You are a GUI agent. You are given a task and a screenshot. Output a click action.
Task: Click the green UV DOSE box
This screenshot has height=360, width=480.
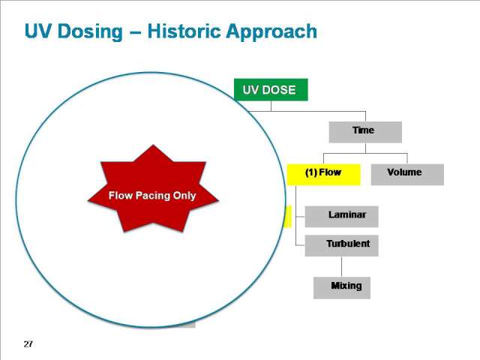(x=271, y=90)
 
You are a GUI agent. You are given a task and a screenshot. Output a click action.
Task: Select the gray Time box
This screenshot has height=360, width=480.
(x=365, y=132)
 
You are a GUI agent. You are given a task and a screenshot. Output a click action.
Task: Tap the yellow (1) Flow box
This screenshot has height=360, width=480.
(x=323, y=175)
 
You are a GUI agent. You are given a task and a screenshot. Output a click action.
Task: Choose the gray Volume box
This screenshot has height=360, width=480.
(x=407, y=175)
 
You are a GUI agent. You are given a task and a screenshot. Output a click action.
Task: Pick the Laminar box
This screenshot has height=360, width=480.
(x=342, y=217)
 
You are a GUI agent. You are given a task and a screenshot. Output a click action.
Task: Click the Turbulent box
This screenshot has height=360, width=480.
(x=342, y=245)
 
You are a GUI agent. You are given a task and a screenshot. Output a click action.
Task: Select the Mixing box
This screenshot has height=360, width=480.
(x=342, y=288)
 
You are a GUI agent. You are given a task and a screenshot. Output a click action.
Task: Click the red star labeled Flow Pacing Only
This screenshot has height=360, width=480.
(x=153, y=189)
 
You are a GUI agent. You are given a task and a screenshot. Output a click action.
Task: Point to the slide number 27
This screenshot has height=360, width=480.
(x=28, y=344)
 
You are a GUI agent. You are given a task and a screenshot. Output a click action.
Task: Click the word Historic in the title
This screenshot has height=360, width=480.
(x=184, y=31)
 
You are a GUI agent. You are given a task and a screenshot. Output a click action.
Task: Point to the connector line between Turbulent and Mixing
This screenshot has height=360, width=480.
(x=342, y=267)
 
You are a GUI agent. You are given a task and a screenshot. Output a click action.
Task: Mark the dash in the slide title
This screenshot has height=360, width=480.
(x=135, y=32)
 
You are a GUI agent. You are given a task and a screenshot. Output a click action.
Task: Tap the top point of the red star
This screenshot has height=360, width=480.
(x=153, y=145)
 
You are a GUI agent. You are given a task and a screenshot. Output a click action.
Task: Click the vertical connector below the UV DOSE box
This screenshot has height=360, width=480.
(x=271, y=106)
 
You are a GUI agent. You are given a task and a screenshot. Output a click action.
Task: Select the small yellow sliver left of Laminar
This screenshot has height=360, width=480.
(x=288, y=217)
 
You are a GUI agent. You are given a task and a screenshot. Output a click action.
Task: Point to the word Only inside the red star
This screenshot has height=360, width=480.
(x=184, y=196)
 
